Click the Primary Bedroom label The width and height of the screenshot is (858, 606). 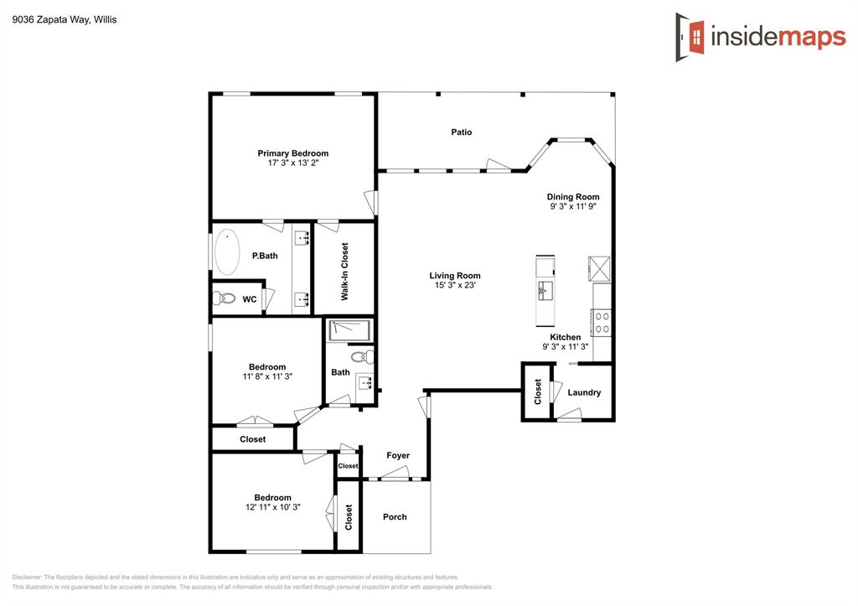click(x=292, y=153)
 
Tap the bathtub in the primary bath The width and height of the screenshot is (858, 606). click(x=227, y=253)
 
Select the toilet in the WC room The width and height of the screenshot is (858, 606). click(x=224, y=298)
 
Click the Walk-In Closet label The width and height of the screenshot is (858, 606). click(x=344, y=272)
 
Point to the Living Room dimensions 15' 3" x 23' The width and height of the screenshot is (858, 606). click(x=454, y=286)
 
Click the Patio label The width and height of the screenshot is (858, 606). click(x=461, y=132)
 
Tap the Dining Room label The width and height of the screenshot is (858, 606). click(x=573, y=197)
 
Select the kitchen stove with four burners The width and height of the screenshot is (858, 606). click(x=602, y=323)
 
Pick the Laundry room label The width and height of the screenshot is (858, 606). click(x=584, y=392)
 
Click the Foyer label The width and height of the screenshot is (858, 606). click(x=398, y=456)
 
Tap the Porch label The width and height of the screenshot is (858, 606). click(x=395, y=517)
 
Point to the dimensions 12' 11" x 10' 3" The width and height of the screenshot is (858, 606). click(x=273, y=507)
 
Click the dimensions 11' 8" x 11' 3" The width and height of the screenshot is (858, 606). click(x=267, y=376)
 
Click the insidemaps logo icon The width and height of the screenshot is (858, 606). click(x=690, y=37)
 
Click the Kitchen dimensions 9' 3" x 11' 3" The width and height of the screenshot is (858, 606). click(x=566, y=347)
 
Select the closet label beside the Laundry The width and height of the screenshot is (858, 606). click(x=538, y=391)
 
